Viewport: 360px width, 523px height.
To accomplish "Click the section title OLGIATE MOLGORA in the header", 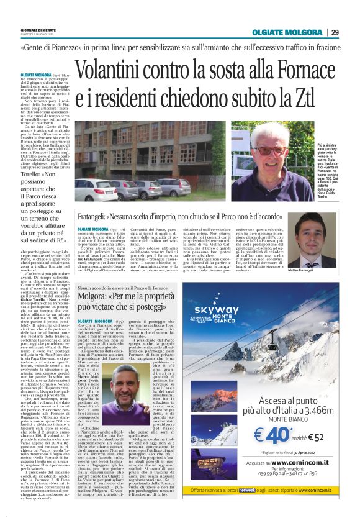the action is coord(287,32).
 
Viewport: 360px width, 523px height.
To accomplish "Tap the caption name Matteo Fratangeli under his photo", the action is coord(320,271).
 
